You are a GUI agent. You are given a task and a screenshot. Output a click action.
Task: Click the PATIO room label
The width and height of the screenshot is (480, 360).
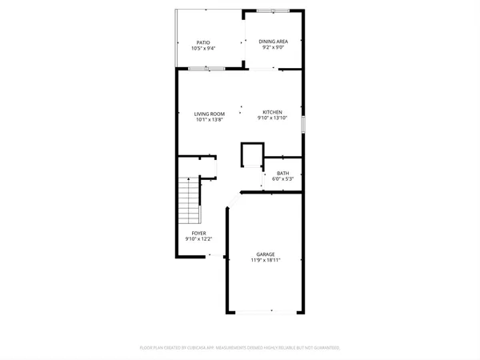point(203,42)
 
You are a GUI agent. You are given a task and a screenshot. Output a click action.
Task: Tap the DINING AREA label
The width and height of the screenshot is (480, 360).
point(273,42)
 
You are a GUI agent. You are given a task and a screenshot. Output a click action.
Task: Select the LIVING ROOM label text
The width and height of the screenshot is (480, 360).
point(209,114)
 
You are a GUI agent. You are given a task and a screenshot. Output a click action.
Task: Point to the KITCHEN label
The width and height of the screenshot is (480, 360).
point(272,112)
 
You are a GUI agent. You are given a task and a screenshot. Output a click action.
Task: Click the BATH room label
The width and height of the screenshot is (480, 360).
point(283,173)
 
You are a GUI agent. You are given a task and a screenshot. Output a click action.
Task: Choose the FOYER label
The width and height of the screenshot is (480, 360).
point(198,234)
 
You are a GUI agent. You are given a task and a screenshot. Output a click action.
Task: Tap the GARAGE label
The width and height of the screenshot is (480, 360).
point(266,254)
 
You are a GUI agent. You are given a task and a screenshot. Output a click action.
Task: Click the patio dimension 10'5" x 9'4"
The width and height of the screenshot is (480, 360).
point(203,49)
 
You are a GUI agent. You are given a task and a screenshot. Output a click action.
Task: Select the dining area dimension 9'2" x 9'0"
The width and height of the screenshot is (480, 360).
point(273,49)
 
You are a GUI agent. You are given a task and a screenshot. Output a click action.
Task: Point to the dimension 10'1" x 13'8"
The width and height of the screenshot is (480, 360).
point(209,120)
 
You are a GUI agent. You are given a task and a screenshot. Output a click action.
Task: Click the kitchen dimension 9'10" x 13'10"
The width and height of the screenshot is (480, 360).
point(272,118)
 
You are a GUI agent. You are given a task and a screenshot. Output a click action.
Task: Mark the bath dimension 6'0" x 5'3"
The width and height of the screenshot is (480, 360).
point(283,179)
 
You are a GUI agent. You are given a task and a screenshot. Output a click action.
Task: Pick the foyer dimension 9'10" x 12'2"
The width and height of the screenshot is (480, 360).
point(198,240)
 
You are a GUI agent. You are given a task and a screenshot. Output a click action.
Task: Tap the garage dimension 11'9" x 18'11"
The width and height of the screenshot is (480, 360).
point(266,261)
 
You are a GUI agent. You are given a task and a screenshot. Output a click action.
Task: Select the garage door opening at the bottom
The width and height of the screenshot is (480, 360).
point(266,310)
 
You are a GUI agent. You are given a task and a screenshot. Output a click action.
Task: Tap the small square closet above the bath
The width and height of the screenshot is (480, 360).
point(253,154)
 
